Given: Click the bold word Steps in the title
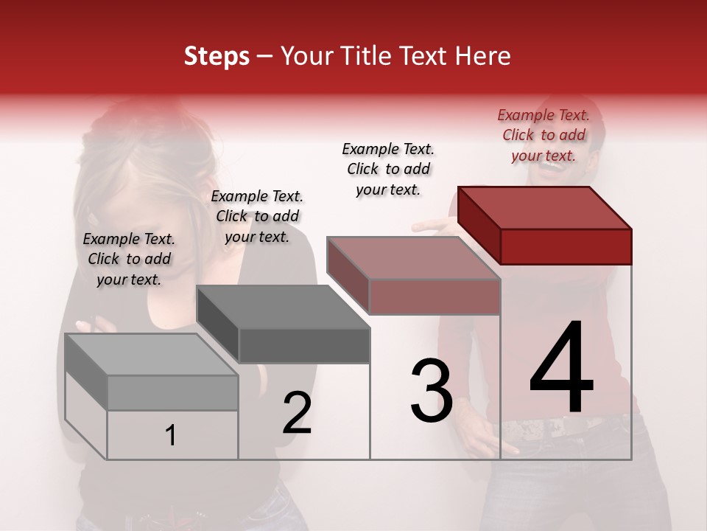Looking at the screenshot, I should click(x=217, y=56).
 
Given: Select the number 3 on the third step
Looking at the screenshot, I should click(x=432, y=391).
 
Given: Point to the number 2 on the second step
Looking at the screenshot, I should click(x=297, y=413).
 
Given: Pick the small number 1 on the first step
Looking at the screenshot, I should click(x=171, y=436).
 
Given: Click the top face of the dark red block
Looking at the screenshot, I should click(x=544, y=207).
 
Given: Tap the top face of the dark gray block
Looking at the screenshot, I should click(x=282, y=306).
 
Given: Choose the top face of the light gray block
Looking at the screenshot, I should click(x=151, y=355).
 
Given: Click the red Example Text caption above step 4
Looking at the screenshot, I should click(x=544, y=136).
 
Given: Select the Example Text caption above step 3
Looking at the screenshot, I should click(x=388, y=169).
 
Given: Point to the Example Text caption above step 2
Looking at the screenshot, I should click(x=257, y=216).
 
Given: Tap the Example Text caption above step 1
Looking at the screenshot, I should click(x=129, y=259).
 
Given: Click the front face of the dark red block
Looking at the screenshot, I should click(x=566, y=246).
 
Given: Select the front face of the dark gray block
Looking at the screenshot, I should click(x=304, y=345).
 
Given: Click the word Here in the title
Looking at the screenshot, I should click(x=482, y=56).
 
